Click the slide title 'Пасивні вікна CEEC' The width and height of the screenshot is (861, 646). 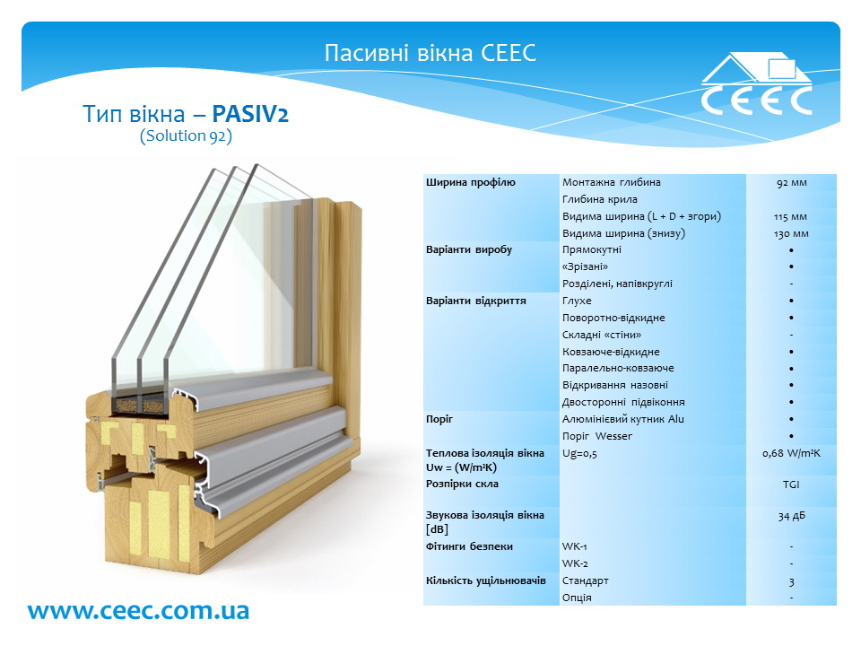pyautogui.click(x=430, y=53)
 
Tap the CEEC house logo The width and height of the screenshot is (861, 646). pyautogui.click(x=756, y=83)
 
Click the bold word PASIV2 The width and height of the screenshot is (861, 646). pyautogui.click(x=250, y=114)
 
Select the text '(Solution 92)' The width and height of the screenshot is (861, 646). pyautogui.click(x=187, y=135)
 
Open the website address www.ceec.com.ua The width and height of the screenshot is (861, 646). pyautogui.click(x=138, y=610)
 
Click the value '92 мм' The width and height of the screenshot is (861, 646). pyautogui.click(x=791, y=183)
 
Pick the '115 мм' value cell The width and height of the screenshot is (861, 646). pyautogui.click(x=791, y=217)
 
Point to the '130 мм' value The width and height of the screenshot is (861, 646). pyautogui.click(x=791, y=234)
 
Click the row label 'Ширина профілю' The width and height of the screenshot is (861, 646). pyautogui.click(x=471, y=182)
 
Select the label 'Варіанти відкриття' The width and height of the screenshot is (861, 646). pyautogui.click(x=476, y=301)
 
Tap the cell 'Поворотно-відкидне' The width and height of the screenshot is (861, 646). pyautogui.click(x=613, y=318)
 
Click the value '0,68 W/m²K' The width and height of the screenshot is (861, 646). pyautogui.click(x=791, y=454)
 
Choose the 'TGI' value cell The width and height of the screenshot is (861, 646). pyautogui.click(x=791, y=484)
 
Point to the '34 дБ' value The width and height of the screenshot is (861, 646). pyautogui.click(x=791, y=516)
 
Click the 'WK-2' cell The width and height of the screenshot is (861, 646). pyautogui.click(x=575, y=563)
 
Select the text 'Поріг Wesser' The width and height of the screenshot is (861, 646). pyautogui.click(x=597, y=436)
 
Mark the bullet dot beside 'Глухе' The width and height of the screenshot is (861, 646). pyautogui.click(x=791, y=301)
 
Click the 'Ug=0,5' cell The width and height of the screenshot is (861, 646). pyautogui.click(x=579, y=454)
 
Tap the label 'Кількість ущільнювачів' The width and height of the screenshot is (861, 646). pyautogui.click(x=486, y=581)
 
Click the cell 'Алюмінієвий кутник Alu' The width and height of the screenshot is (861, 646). pyautogui.click(x=623, y=419)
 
